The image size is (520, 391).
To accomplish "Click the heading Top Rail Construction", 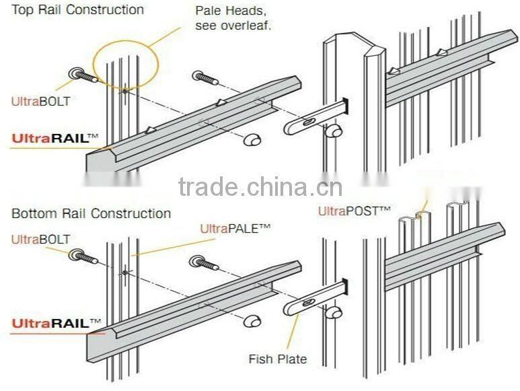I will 77,10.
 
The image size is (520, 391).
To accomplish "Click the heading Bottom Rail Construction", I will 91,213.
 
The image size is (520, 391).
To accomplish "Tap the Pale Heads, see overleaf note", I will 233,18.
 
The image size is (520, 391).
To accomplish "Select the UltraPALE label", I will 235,229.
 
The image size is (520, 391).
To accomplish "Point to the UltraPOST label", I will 354,211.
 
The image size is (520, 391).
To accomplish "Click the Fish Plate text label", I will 277,359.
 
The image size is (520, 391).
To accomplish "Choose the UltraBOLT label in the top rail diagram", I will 40,102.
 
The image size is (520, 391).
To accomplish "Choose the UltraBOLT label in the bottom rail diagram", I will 40,239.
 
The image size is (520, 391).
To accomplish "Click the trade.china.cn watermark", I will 260,186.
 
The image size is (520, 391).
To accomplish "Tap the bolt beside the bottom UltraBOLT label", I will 85,258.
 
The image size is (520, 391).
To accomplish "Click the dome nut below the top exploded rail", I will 252,139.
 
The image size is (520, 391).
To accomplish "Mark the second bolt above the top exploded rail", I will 205,77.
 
